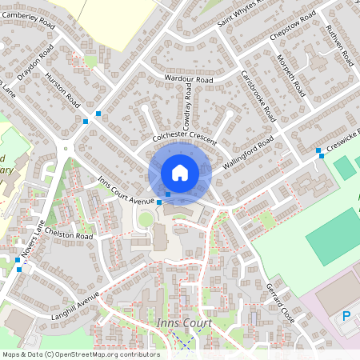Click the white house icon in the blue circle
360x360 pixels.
[x=179, y=172]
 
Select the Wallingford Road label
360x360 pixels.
[x=248, y=152]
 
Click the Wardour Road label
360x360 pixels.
[x=188, y=80]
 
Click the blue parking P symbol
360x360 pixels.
[x=346, y=316]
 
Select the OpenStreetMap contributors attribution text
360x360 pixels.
[x=80, y=354]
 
